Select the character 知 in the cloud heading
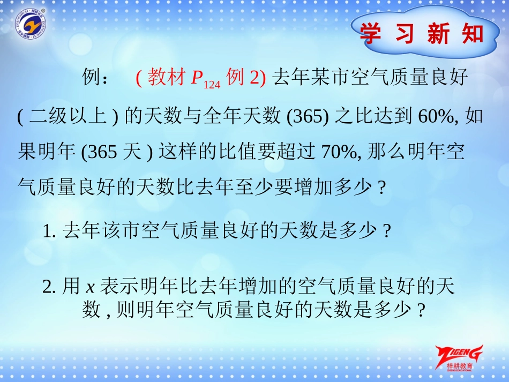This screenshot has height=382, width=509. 472,34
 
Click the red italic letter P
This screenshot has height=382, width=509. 197,79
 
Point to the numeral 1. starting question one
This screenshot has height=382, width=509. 50,231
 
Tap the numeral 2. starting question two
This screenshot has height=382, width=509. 50,288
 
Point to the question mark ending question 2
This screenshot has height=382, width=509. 421,310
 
